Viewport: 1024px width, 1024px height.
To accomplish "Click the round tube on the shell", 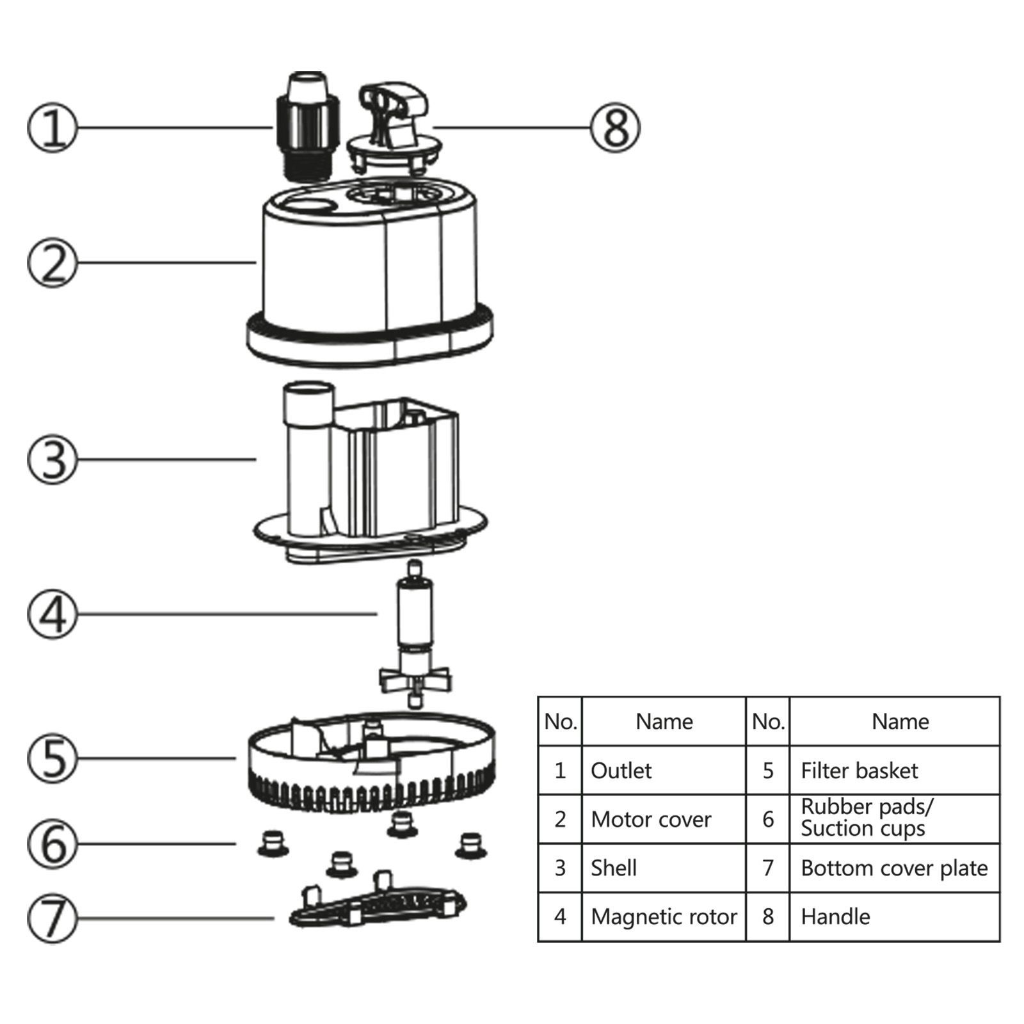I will tap(307, 448).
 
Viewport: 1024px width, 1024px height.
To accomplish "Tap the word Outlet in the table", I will tap(621, 771).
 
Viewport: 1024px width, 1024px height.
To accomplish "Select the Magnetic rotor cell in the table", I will tap(664, 916).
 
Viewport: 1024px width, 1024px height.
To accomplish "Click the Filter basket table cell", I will tap(859, 771).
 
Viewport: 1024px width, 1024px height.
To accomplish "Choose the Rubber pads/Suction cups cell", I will tap(867, 818).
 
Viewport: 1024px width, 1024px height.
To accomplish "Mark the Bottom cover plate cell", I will tap(894, 868).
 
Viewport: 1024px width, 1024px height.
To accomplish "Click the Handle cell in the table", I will tap(835, 916).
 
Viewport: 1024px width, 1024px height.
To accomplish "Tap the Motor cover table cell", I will tap(651, 819).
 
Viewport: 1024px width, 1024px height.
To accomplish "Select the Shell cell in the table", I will tap(613, 868).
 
